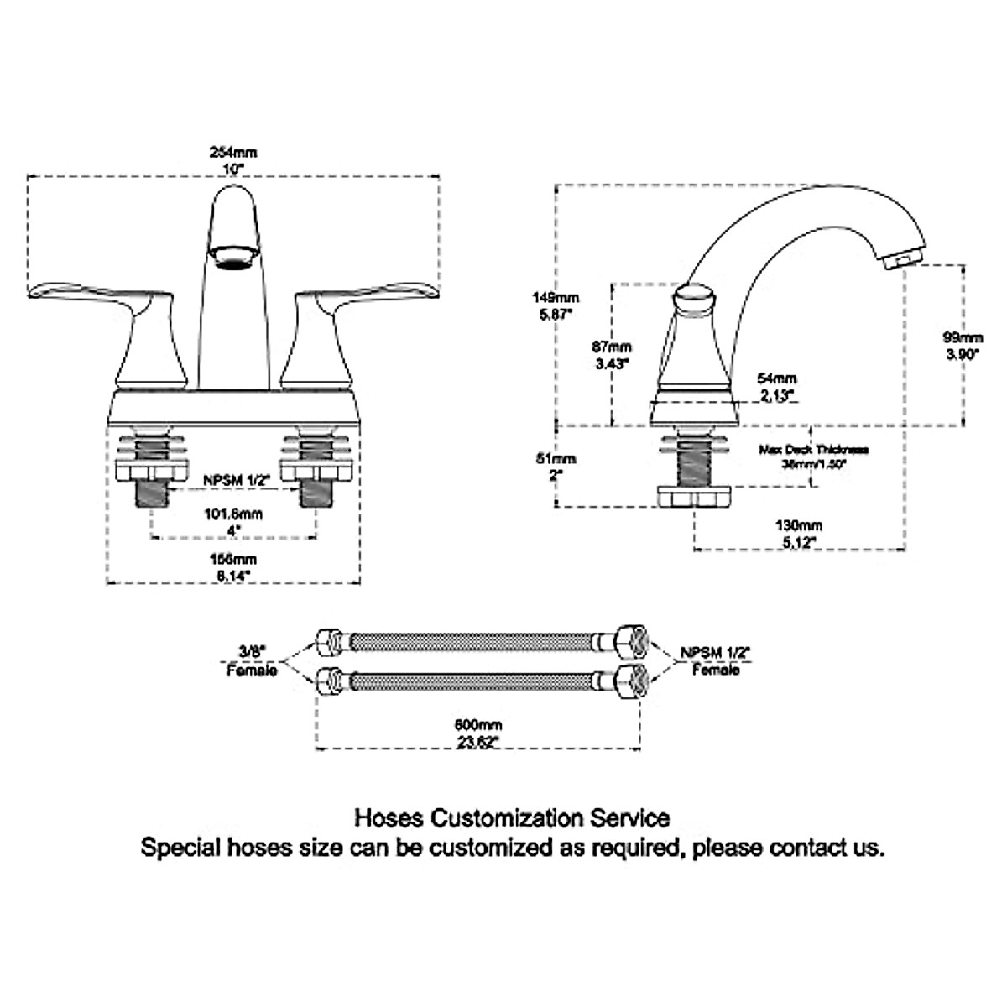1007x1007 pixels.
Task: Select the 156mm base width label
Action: (233, 566)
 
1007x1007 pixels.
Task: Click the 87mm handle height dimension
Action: (613, 354)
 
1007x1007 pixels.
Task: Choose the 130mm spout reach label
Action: (799, 533)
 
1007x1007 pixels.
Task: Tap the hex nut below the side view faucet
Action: (694, 497)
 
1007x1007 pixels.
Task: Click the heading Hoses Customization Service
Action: (512, 817)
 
